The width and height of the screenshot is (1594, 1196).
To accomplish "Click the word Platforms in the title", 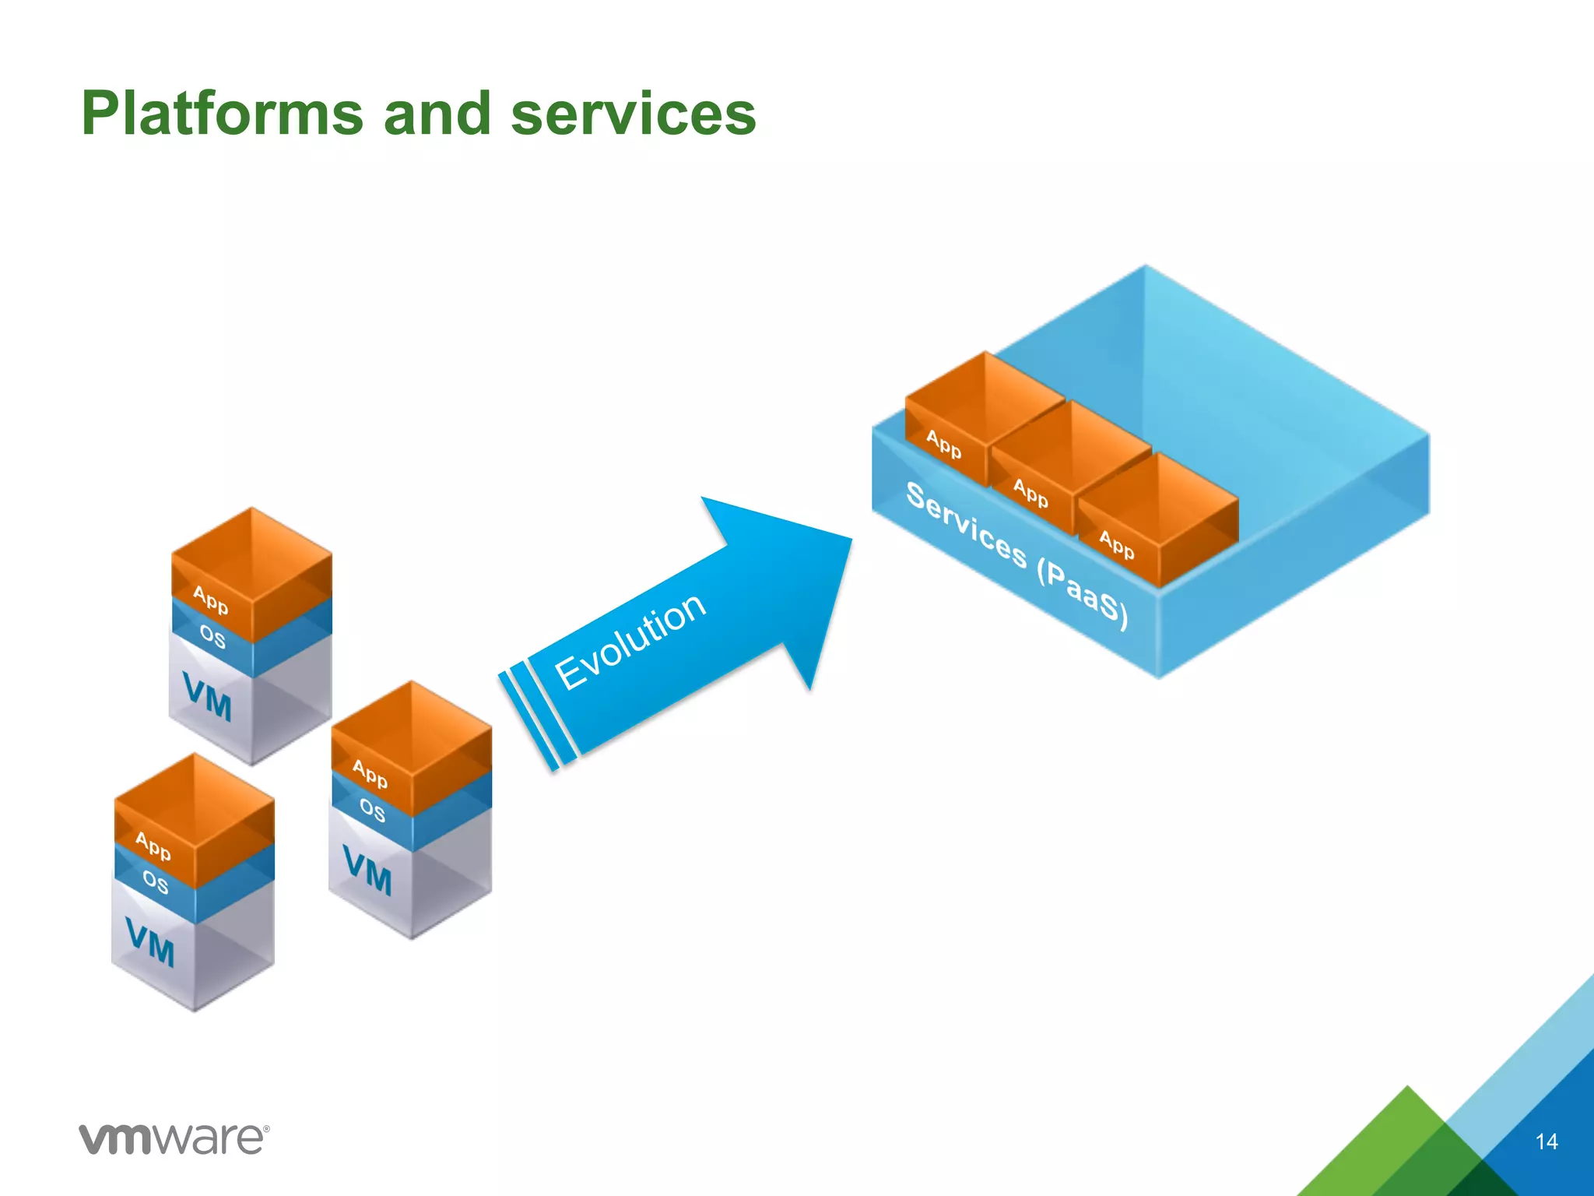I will (223, 114).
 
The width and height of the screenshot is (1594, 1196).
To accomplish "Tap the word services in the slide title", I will (633, 114).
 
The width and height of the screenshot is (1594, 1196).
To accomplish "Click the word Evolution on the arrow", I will (630, 641).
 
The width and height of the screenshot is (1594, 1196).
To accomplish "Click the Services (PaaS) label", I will (1016, 556).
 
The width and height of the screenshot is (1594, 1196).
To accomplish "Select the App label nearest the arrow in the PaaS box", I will (943, 445).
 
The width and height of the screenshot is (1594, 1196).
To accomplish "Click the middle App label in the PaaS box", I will (1030, 493).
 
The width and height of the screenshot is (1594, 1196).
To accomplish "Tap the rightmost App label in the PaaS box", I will (1117, 543).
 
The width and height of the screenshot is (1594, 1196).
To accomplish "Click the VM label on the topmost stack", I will (207, 696).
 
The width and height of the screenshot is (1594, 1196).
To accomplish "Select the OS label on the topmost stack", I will (212, 637).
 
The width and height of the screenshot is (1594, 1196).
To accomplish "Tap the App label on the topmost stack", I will (210, 600).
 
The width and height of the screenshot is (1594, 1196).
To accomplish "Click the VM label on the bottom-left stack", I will (149, 941).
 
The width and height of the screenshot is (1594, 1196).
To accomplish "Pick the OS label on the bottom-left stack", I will (155, 882).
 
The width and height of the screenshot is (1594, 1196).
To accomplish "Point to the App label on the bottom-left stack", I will (153, 846).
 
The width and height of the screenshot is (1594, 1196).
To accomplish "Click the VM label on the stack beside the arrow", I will (367, 871).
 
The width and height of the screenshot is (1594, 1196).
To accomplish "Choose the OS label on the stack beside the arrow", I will (372, 811).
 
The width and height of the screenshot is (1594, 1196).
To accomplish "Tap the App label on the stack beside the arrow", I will (370, 773).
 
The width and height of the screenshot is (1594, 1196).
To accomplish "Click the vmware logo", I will (174, 1139).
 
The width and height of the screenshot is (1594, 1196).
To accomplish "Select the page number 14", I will (1546, 1141).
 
